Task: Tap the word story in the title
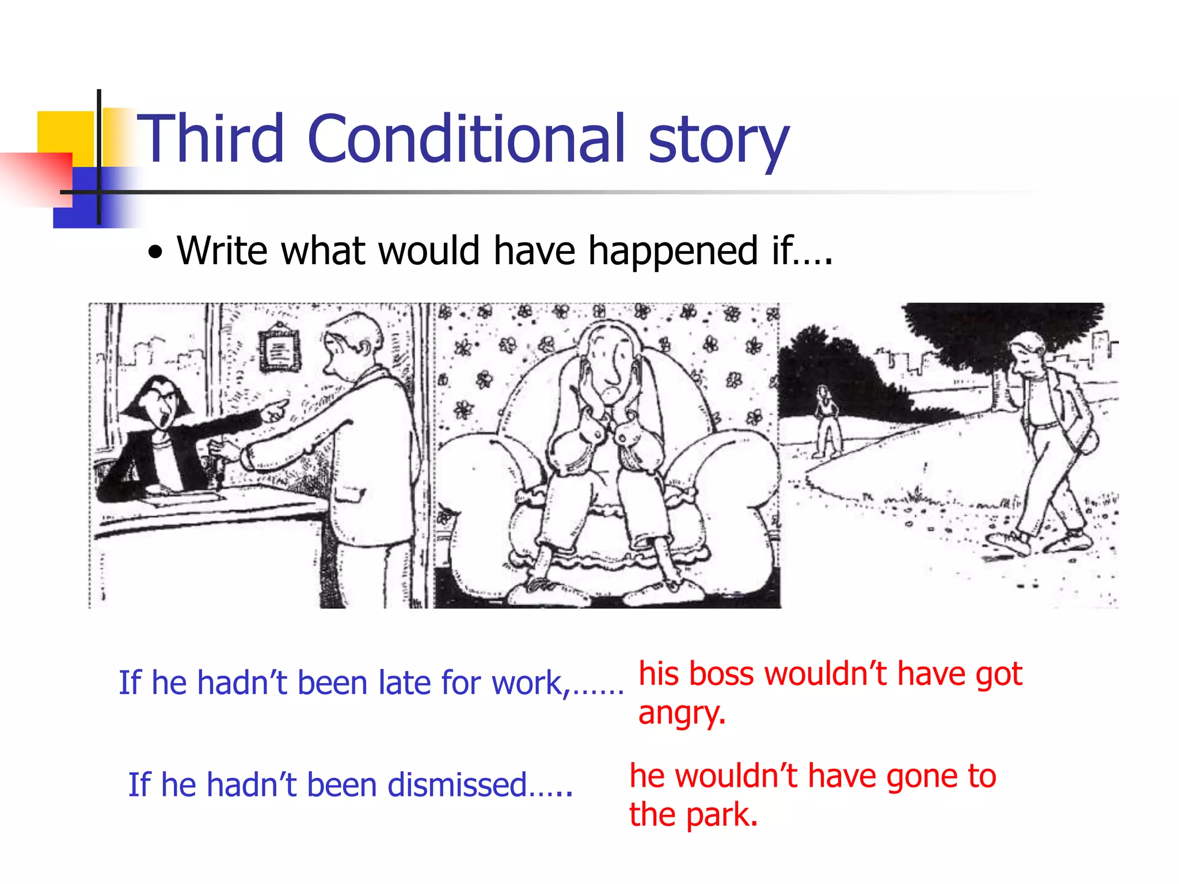(718, 141)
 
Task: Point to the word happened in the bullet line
(673, 252)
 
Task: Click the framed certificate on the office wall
(279, 347)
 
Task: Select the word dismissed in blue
(457, 785)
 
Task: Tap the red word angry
(681, 714)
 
